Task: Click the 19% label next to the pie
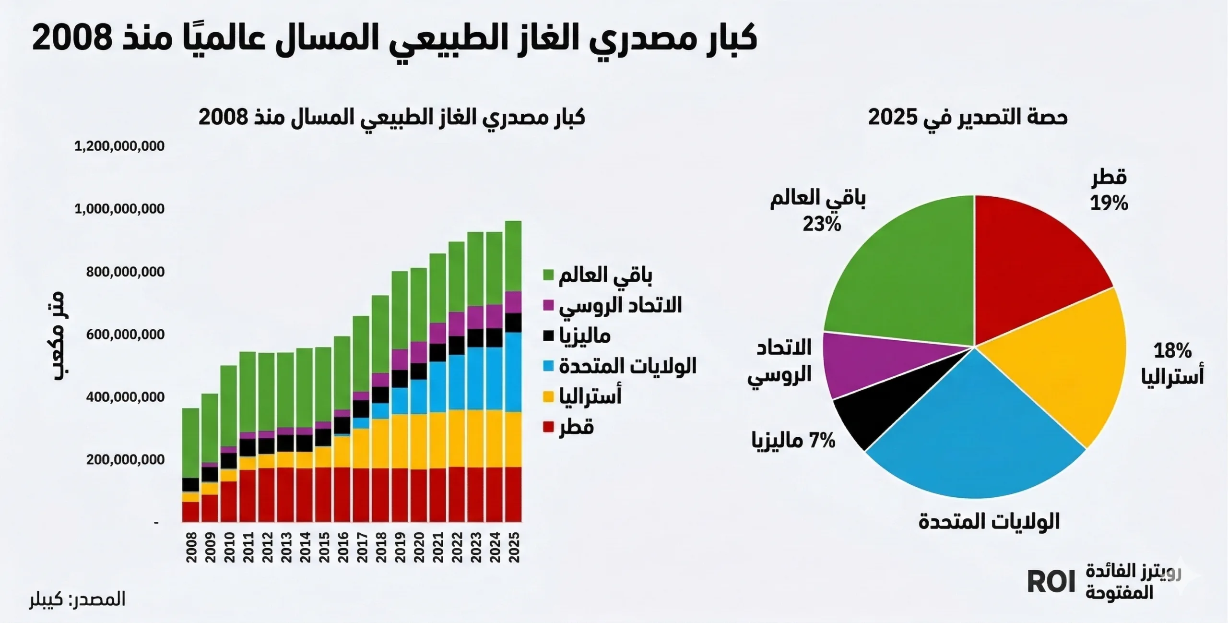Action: click(1109, 204)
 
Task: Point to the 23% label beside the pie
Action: click(822, 224)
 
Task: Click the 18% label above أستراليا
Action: click(1172, 351)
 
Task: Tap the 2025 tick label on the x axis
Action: click(514, 547)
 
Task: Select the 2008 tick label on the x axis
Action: click(191, 547)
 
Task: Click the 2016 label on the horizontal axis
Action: click(342, 547)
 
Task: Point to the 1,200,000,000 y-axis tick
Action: click(119, 146)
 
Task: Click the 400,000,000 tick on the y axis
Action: click(125, 397)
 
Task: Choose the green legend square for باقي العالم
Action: click(548, 275)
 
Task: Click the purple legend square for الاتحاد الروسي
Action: click(548, 305)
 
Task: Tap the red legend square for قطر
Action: click(548, 427)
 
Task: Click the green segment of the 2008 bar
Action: click(191, 442)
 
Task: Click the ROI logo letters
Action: click(1051, 582)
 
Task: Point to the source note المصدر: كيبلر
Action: click(77, 599)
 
